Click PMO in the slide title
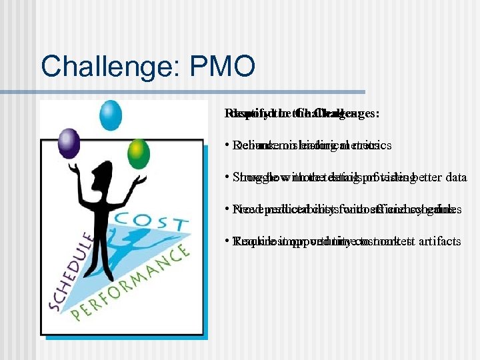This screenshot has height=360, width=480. click(x=227, y=66)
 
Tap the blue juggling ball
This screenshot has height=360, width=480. click(x=111, y=115)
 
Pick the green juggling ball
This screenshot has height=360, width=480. click(x=139, y=152)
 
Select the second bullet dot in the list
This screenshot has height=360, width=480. click(x=227, y=178)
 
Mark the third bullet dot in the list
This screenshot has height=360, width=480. click(x=227, y=210)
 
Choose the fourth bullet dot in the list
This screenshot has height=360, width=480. click(x=227, y=242)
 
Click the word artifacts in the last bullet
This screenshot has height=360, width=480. click(x=437, y=241)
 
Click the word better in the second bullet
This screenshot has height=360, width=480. click(x=421, y=177)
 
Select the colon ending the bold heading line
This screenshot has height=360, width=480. click(x=377, y=114)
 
